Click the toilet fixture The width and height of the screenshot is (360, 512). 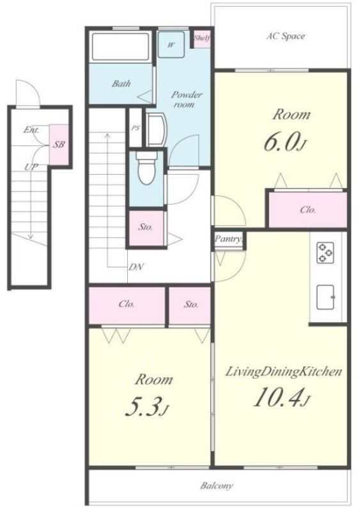[145, 168]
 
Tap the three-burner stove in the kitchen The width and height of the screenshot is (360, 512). [325, 252]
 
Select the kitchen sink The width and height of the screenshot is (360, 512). [325, 297]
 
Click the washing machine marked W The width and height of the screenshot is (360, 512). [171, 45]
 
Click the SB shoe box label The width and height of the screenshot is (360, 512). [59, 145]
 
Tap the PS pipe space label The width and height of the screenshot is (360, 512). [136, 128]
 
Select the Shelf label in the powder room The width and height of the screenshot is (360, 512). [201, 38]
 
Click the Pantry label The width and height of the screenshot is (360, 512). [228, 239]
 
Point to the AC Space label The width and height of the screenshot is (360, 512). [286, 36]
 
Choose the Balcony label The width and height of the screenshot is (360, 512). [217, 486]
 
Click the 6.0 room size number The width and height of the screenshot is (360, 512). [281, 143]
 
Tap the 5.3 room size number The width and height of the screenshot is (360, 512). [144, 408]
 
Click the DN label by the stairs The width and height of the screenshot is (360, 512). [136, 267]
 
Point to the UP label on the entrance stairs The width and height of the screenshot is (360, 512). [31, 168]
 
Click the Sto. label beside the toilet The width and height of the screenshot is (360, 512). [146, 227]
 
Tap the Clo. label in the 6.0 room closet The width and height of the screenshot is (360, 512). [308, 210]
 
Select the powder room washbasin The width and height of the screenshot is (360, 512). [156, 130]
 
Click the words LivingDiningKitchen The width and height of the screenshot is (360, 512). [284, 372]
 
